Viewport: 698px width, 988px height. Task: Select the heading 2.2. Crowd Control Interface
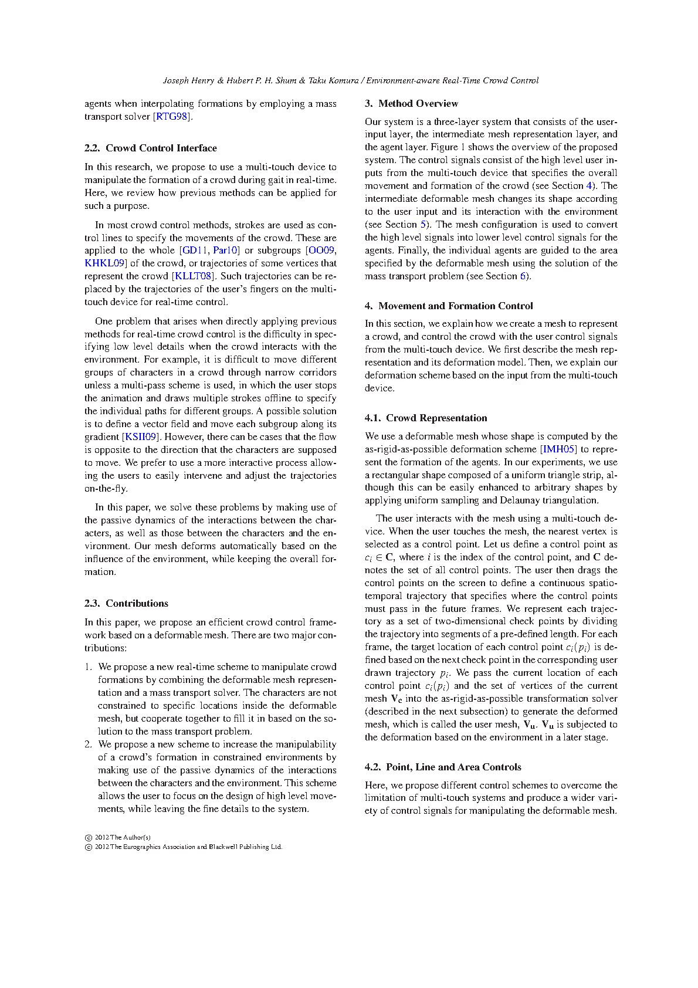tap(150, 148)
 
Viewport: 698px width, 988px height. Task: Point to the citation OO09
tap(321, 251)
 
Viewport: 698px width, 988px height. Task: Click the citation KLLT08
tap(193, 276)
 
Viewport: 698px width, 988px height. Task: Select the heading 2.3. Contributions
tap(126, 604)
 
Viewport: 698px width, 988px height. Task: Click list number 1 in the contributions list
tap(88, 667)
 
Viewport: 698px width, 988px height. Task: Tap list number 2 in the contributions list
tap(88, 745)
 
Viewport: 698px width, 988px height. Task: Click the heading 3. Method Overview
tap(411, 104)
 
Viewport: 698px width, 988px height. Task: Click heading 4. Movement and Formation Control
tap(449, 306)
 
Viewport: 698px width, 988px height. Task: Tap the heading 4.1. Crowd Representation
tap(426, 418)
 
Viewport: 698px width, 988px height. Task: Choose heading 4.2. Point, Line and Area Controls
tap(443, 767)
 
